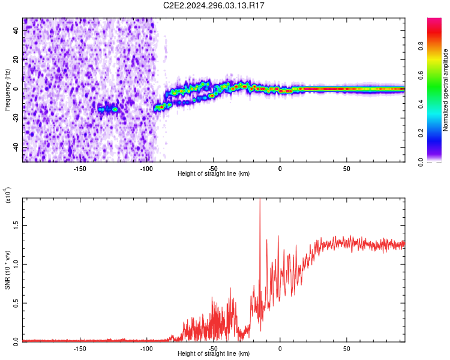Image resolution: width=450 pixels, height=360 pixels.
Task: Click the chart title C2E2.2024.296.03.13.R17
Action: click(x=214, y=5)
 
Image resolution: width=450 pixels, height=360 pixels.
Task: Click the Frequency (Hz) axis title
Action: click(x=7, y=90)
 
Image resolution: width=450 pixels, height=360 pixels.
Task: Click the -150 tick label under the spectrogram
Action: click(x=80, y=169)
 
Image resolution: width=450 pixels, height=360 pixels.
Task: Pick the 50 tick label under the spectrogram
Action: click(x=346, y=169)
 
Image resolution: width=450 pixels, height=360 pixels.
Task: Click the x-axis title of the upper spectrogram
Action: click(x=214, y=174)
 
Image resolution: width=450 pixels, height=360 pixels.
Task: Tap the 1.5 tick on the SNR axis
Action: click(x=16, y=224)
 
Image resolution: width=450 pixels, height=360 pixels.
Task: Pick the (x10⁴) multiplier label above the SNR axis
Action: click(x=8, y=195)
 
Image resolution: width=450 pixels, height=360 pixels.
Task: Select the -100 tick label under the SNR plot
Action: click(x=146, y=349)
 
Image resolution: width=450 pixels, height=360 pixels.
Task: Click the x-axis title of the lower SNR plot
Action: click(x=214, y=354)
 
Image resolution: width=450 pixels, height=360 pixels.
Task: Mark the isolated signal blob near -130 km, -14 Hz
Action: click(x=109, y=109)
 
